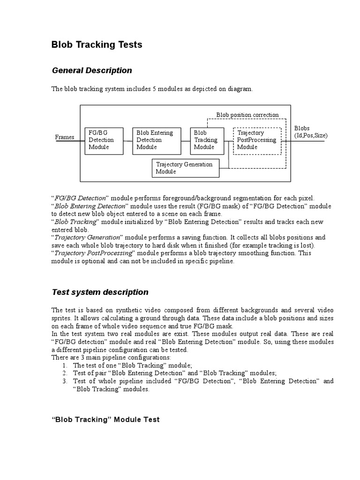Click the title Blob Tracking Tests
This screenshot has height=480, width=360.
96,45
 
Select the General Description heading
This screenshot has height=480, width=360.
92,70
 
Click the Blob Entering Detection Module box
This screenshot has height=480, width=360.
157,140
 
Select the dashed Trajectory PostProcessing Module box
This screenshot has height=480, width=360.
257,140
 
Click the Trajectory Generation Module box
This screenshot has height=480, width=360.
186,168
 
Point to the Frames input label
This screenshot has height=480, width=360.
65,137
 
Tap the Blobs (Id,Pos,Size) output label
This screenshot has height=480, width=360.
310,132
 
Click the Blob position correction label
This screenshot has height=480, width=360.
247,115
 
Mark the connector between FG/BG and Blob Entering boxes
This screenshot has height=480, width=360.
128,140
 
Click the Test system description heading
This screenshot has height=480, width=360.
100,292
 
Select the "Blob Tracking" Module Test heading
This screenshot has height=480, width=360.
105,420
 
